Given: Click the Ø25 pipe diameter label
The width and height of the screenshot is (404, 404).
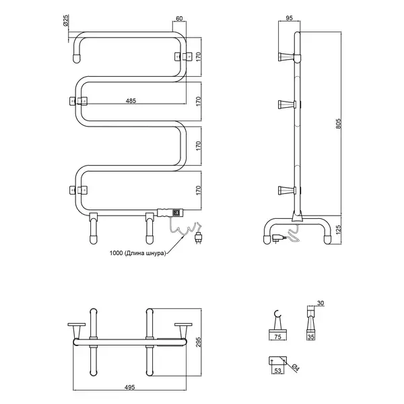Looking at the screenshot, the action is pos(66,20).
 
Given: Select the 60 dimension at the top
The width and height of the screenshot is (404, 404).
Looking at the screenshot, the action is pos(179,18).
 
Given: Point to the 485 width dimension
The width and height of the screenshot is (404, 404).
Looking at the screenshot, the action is pos(131,101).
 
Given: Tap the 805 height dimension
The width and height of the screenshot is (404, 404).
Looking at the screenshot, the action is pos(339,124).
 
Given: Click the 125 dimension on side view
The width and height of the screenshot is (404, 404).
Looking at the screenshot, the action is pos(339,230).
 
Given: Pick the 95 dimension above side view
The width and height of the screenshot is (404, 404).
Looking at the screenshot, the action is pos(290,18).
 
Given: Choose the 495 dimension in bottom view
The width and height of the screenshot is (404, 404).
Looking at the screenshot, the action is pos(129,387).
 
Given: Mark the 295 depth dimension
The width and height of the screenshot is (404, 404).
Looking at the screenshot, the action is pos(199,341).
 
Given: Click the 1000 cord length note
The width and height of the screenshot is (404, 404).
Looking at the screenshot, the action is pos(137,253).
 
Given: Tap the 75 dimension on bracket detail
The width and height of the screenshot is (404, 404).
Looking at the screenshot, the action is pos(277,337).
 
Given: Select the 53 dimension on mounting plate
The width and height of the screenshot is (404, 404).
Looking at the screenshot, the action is pos(277,370).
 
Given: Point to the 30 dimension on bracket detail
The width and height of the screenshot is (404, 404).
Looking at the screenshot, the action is pos(321,303).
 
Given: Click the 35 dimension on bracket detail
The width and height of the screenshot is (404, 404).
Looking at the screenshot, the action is pos(311,337).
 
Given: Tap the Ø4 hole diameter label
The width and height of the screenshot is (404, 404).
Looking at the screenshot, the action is pos(296,368).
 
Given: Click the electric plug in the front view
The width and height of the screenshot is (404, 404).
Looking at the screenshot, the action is pos(198,238).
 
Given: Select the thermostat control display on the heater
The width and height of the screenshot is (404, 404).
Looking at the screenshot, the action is pos(176,213).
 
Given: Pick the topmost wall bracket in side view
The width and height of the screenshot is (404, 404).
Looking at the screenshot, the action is pos(286,57).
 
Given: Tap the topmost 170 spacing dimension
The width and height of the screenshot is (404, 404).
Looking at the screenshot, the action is pos(198,57).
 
